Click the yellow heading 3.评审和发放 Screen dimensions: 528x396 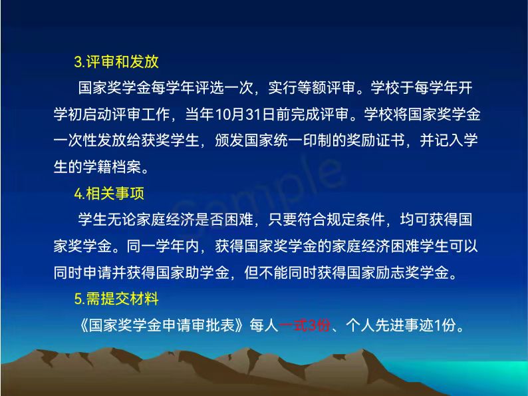coord(116,62)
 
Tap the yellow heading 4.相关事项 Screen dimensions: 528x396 coord(109,194)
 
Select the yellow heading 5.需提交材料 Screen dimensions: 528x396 coord(116,299)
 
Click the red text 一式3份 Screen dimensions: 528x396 coord(305,325)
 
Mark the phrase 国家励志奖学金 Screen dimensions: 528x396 coord(398,273)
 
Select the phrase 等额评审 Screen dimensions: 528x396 coord(327,89)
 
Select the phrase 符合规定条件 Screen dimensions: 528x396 coord(340,220)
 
